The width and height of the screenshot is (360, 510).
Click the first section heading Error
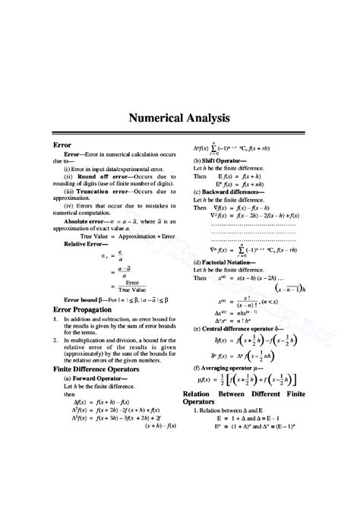(62, 143)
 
